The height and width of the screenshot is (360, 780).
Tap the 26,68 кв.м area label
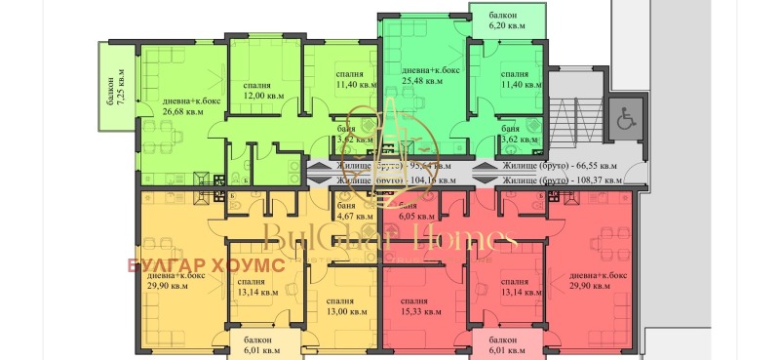[170, 111]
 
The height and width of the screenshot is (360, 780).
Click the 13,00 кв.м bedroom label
[347, 311]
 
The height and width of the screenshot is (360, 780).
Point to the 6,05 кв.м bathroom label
[414, 218]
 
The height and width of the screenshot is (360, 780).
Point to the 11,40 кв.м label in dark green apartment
[520, 84]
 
